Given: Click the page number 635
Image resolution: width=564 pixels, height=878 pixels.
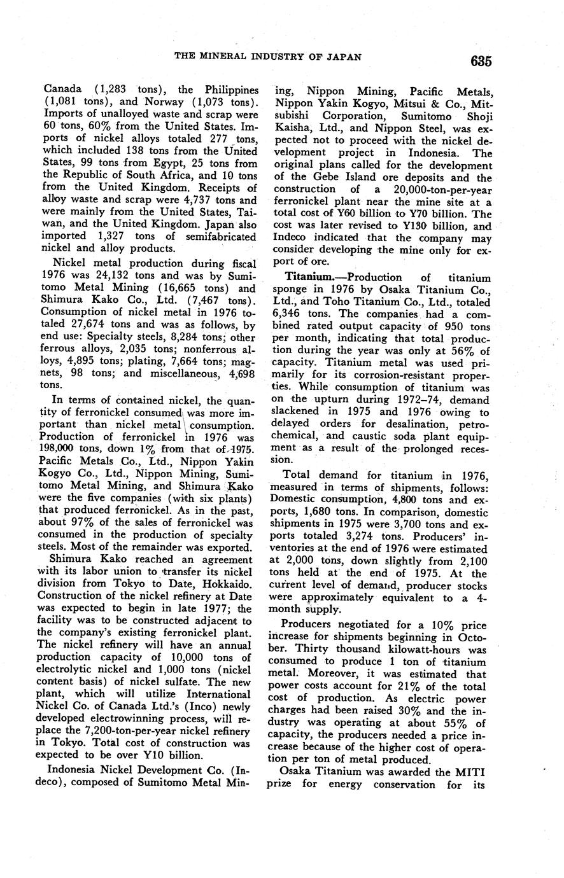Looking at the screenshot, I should coord(481,61).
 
